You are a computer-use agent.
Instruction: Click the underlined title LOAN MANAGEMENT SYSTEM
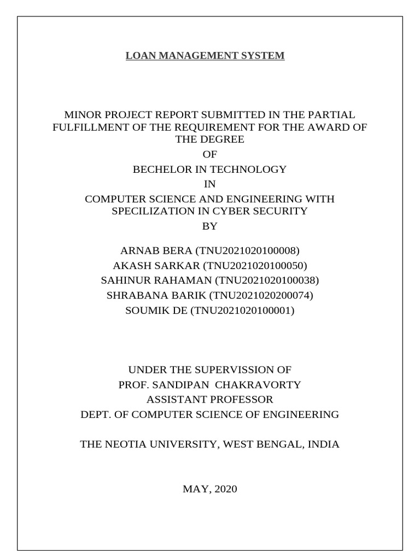tap(205, 56)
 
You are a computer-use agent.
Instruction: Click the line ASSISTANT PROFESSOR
tap(209, 399)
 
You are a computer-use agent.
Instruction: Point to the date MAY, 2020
tap(209, 489)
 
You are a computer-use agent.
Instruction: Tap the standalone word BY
tap(210, 226)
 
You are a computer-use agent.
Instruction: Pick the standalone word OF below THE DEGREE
tap(210, 155)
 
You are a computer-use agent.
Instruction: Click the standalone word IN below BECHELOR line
tap(210, 184)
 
